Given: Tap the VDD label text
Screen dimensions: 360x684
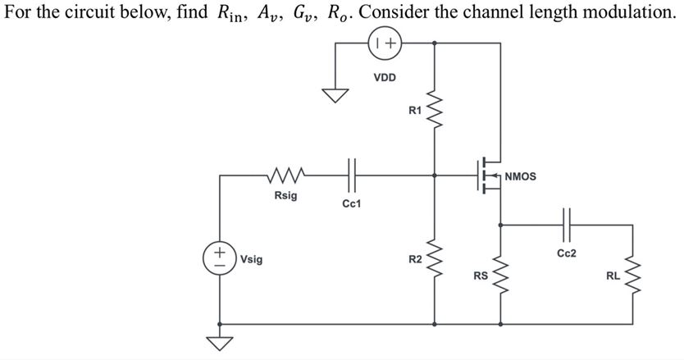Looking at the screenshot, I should click(385, 78).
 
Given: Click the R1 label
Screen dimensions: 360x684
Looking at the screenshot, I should click(414, 111).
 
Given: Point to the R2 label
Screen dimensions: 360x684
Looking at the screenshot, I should click(415, 260).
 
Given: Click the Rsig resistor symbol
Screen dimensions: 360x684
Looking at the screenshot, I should click(286, 174).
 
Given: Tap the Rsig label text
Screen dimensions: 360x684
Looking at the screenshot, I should click(286, 197).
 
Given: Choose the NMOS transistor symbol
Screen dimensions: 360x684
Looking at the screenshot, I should click(488, 175).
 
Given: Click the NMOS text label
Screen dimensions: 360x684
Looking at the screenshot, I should click(521, 175).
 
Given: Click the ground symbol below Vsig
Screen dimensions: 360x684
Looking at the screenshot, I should click(219, 343).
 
